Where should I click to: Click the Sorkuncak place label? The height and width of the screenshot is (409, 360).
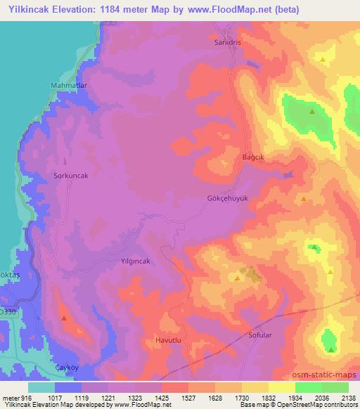coord(70,175)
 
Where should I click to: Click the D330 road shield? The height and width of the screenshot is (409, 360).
coord(6,311)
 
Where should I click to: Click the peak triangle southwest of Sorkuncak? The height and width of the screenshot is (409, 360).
coord(65,318)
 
